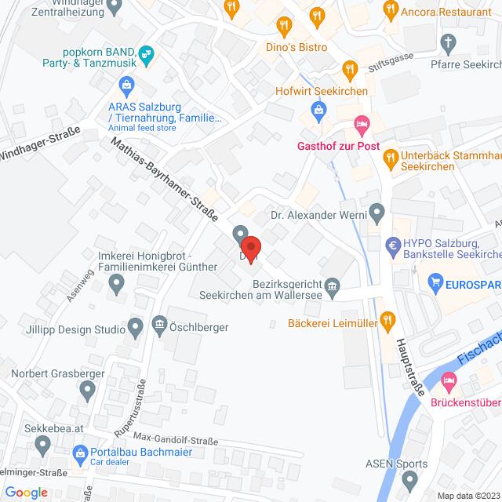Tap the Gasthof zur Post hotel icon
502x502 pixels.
point(361,124)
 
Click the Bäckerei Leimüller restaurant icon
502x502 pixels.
point(387,318)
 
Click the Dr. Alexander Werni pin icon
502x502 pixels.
point(377,211)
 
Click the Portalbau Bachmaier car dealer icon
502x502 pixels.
point(79,453)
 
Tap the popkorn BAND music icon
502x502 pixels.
point(145,53)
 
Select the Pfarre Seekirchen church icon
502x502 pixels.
point(448,42)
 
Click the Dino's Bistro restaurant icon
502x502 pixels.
point(285,25)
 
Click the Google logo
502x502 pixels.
point(25,492)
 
